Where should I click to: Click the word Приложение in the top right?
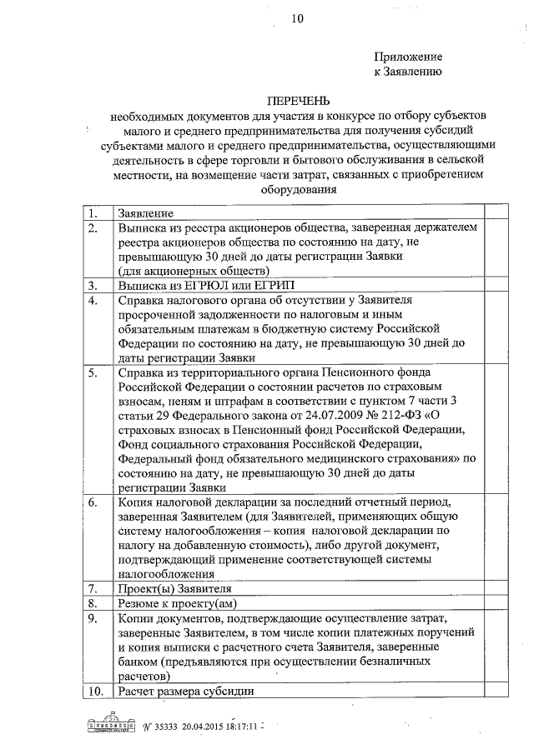pos(406,57)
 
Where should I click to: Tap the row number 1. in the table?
pos(94,213)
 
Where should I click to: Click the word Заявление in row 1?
pos(146,213)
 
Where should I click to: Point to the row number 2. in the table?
pos(94,227)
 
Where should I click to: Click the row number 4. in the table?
pos(94,298)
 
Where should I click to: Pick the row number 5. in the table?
pos(94,372)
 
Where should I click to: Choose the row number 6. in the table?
pos(94,502)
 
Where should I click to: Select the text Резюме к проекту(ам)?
pos(175,602)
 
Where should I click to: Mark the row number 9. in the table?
pos(94,617)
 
